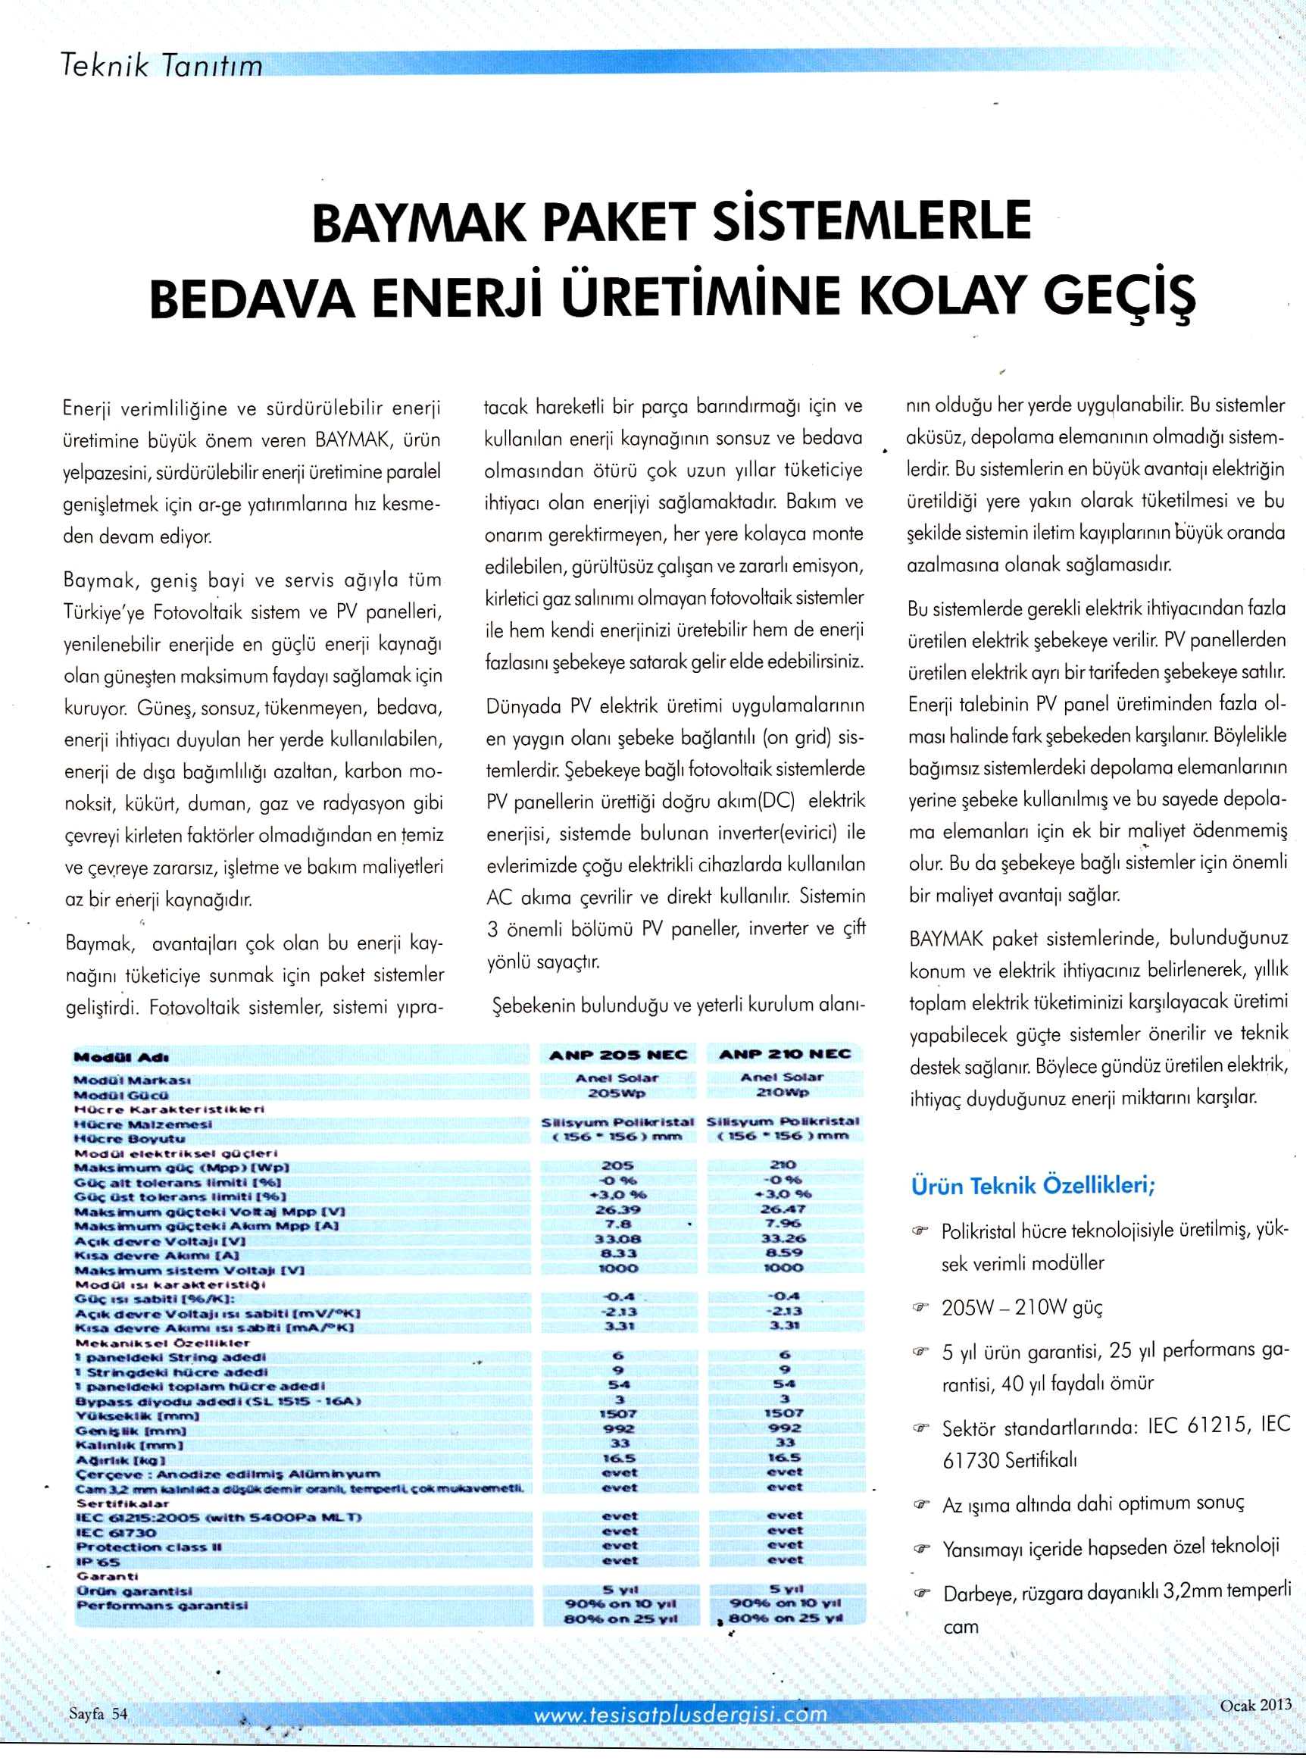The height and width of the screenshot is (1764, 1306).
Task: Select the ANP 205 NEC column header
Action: click(618, 1056)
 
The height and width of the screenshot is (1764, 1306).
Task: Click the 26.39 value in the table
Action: click(619, 1212)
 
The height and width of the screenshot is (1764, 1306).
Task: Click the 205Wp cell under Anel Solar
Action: click(618, 1092)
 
